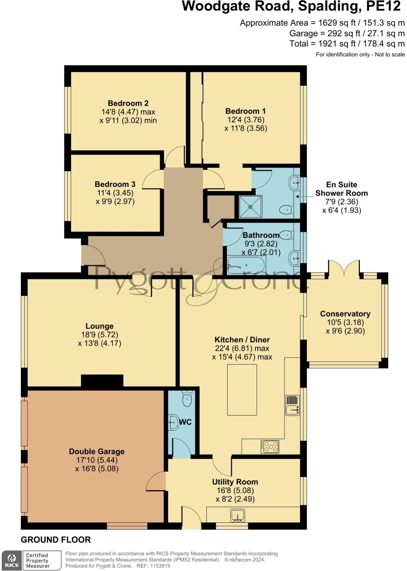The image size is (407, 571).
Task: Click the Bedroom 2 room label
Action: [x=128, y=103]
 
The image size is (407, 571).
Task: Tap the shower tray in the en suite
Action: [x=250, y=207]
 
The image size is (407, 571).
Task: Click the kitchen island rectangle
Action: [x=242, y=390]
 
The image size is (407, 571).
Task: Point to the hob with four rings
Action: [x=270, y=446]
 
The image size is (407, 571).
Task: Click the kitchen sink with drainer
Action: [x=292, y=405]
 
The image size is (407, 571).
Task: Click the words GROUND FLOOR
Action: [x=56, y=540]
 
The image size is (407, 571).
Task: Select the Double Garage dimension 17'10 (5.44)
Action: [x=97, y=460]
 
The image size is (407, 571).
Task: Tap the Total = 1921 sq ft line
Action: [x=347, y=44]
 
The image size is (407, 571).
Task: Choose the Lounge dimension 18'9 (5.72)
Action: [x=99, y=335]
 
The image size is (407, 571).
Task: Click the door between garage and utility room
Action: [x=156, y=481]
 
